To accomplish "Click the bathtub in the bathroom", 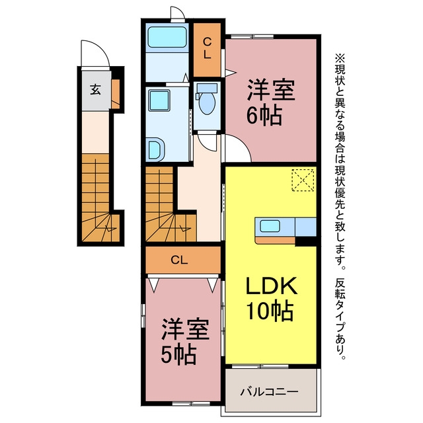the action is [167, 37].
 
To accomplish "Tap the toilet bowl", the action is [207, 100].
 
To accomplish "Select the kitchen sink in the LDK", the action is [270, 225].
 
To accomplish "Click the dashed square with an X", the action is [303, 180].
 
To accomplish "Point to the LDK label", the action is [271, 286].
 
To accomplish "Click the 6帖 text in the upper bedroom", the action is [264, 116].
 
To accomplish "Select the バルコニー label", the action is [270, 392].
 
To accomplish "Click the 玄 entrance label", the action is [95, 89].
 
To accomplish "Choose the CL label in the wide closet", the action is [179, 260].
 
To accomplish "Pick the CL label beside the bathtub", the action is [207, 48].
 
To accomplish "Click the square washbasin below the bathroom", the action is [159, 100].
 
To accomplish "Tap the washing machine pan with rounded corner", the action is [155, 149].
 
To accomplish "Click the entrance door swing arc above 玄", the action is [95, 54].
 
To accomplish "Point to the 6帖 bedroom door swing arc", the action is [238, 148].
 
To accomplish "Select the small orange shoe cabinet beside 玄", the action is [116, 94].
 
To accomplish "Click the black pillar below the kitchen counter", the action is [306, 241].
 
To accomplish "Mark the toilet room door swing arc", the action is [207, 141].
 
